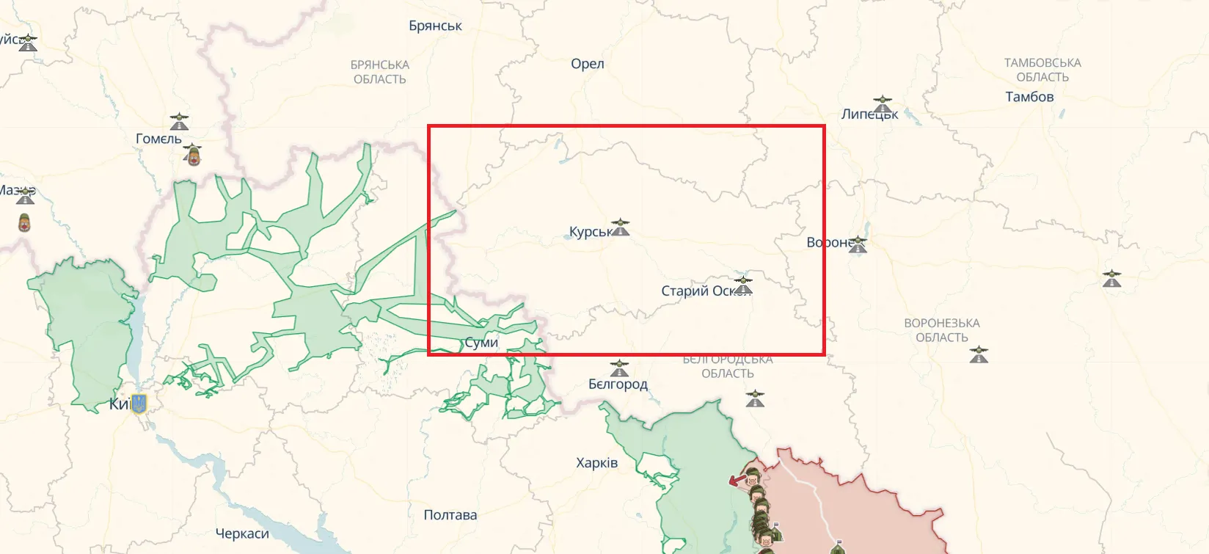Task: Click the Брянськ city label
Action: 435,26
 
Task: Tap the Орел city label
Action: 587,64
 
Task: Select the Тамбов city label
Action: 1029,97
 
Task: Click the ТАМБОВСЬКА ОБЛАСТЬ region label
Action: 1042,70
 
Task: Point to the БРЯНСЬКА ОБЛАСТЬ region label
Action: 379,72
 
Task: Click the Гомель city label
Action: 158,139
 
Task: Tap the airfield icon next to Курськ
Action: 620,227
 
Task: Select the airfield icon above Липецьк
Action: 882,103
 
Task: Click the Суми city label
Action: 481,343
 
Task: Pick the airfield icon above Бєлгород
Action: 619,368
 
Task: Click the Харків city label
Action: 596,463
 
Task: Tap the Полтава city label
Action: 450,515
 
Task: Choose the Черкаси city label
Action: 242,534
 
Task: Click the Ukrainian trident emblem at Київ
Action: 139,404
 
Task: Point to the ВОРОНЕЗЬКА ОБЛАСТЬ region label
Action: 941,330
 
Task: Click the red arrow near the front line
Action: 737,481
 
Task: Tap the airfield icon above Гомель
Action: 179,121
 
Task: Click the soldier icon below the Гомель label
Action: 193,155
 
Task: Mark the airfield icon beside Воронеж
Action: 858,245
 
